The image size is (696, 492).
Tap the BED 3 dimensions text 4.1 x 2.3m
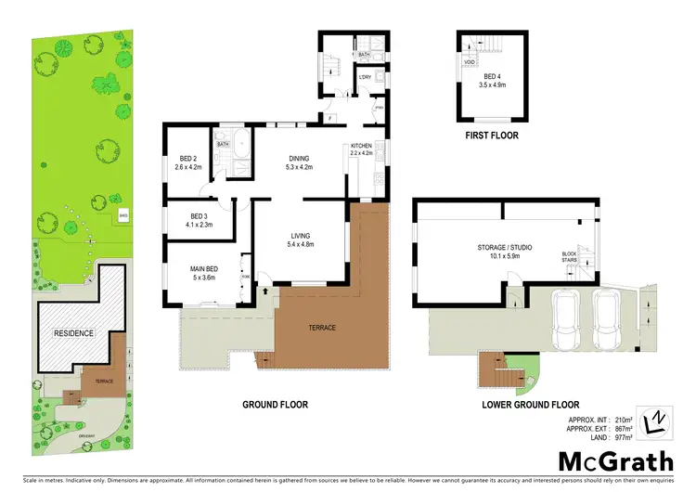point(195,223)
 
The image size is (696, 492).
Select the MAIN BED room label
point(203,268)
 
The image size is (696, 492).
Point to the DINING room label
point(299,158)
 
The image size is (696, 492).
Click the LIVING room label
point(298,237)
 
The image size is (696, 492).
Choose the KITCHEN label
point(361,145)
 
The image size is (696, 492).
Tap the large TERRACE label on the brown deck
point(324,329)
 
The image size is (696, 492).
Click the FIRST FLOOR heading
point(492,136)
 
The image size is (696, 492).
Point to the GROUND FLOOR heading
point(275,405)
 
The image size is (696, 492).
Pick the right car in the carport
point(607,319)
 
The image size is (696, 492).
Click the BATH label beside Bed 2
point(223,145)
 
